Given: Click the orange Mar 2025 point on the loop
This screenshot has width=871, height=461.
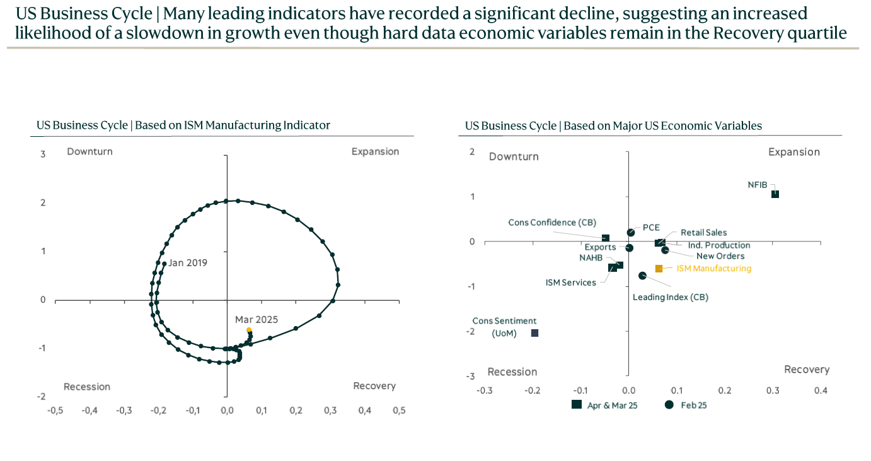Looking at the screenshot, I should pyautogui.click(x=249, y=330).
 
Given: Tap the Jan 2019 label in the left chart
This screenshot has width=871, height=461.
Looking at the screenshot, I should pyautogui.click(x=188, y=263).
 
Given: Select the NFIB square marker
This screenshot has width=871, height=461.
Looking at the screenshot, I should pyautogui.click(x=775, y=194).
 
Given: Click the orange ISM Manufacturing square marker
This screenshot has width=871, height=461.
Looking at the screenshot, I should pyautogui.click(x=659, y=269).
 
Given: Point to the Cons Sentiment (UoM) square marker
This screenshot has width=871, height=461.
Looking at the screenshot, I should pyautogui.click(x=534, y=333).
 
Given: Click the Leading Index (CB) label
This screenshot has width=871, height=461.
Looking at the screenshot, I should pyautogui.click(x=671, y=297).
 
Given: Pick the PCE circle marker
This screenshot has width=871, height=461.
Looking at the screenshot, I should pyautogui.click(x=631, y=233).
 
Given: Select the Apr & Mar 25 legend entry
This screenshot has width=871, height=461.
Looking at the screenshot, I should pyautogui.click(x=604, y=405).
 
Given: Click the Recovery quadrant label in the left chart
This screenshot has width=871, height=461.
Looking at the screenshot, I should pyautogui.click(x=374, y=386).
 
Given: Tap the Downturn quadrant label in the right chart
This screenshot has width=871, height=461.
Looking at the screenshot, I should pyautogui.click(x=514, y=156).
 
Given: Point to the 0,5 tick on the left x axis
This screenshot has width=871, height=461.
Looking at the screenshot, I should pyautogui.click(x=399, y=411).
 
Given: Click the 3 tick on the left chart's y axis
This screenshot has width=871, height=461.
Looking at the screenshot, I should pyautogui.click(x=43, y=154).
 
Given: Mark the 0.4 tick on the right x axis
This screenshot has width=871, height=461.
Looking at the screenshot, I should pyautogui.click(x=821, y=391).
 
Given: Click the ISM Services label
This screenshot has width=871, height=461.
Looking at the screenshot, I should pyautogui.click(x=570, y=283).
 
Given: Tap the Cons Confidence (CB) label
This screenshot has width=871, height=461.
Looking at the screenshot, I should pyautogui.click(x=552, y=223).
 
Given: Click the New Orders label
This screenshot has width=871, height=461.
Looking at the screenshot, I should pyautogui.click(x=720, y=256).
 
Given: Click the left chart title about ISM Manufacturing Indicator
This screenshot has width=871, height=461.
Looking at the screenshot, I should pyautogui.click(x=183, y=125).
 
